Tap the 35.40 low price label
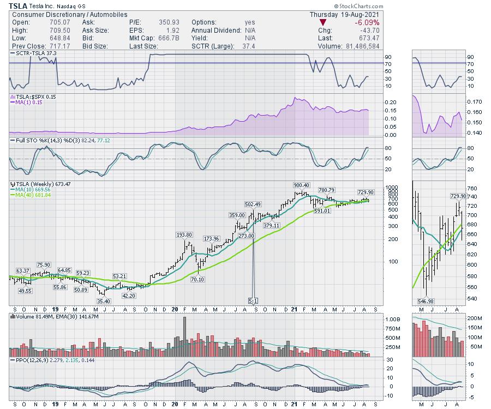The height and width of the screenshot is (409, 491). [104, 301]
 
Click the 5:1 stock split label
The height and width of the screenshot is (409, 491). [254, 300]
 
